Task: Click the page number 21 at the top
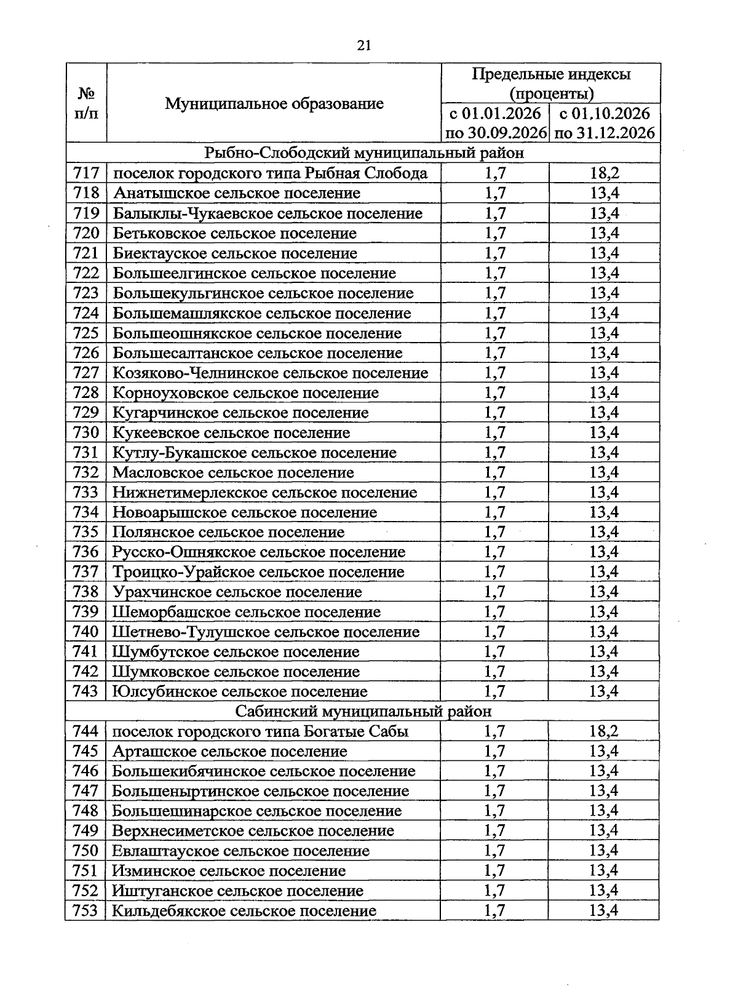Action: point(363,46)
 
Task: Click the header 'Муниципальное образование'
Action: point(274,103)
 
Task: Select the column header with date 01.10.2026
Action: point(604,123)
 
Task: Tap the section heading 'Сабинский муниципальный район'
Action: point(363,712)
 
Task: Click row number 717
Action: point(85,173)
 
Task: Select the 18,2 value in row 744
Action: point(604,731)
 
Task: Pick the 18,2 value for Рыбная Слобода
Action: point(604,173)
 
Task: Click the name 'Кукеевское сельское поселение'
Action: point(231,433)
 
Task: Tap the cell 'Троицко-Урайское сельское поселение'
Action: point(258,572)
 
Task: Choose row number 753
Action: point(85,911)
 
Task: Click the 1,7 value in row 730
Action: point(494,433)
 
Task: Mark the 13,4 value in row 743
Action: point(604,692)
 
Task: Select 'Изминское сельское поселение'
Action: point(229,871)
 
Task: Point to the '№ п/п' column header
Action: point(86,103)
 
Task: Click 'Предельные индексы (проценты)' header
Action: point(550,84)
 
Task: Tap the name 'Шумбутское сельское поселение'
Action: point(236,652)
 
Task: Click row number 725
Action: point(85,333)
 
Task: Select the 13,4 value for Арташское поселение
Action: point(604,752)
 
